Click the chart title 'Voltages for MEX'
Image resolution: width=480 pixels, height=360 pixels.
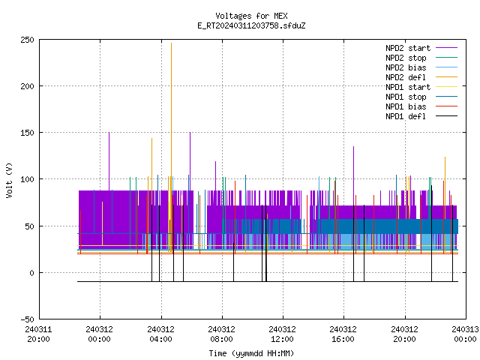251,16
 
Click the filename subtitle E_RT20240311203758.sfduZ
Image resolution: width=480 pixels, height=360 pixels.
251,25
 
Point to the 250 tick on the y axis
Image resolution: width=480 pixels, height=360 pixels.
27,40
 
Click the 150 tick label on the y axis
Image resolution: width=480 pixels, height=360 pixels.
27,133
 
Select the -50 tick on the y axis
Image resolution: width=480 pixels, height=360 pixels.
27,319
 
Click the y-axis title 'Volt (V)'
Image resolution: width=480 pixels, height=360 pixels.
9,180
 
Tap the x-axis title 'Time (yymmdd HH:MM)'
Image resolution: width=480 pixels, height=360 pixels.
251,353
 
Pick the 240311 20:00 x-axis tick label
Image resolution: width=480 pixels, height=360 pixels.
38,334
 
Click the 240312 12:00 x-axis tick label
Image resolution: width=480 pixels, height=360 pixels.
282,334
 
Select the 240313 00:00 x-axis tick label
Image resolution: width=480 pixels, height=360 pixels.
465,334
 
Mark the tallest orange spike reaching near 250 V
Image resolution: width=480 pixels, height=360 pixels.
171,147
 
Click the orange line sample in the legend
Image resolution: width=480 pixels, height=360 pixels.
447,77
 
